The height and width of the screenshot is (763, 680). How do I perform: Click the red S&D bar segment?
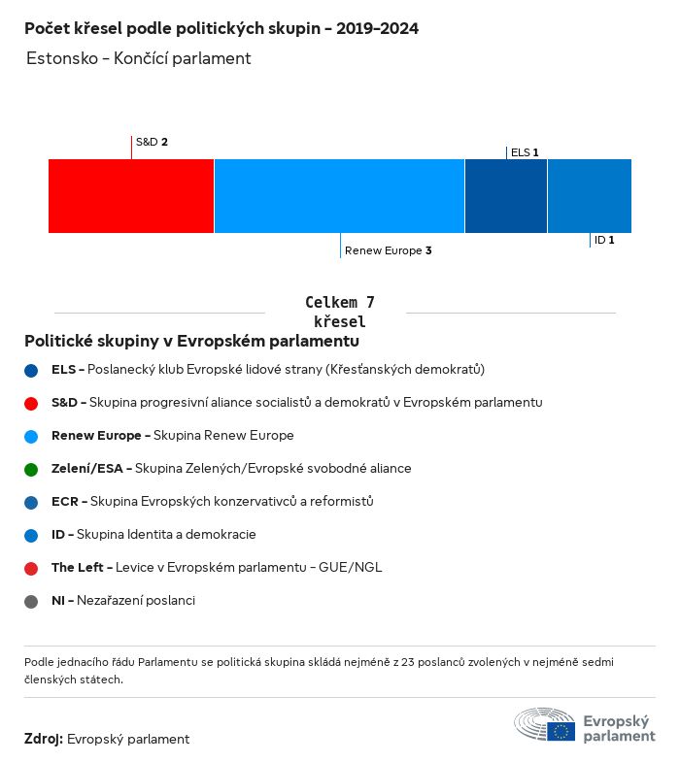(131, 196)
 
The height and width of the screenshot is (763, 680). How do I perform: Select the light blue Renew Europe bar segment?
(339, 196)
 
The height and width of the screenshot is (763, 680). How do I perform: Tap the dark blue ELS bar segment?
(505, 196)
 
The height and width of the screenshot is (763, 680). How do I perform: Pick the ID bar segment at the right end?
(589, 196)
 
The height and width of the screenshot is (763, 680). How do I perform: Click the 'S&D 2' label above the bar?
(152, 142)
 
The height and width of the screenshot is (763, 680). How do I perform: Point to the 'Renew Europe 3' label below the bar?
(388, 250)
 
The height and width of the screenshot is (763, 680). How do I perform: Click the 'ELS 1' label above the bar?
(525, 152)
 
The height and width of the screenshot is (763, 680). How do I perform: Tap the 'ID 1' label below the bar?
(604, 240)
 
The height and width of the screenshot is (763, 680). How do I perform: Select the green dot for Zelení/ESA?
(32, 469)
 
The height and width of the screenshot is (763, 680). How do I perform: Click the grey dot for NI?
(32, 601)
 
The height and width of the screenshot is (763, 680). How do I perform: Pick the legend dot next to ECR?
(32, 502)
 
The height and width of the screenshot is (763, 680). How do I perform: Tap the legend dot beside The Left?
(32, 568)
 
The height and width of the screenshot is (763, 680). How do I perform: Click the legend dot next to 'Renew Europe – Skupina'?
(32, 436)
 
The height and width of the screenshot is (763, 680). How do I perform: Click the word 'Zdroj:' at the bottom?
(44, 739)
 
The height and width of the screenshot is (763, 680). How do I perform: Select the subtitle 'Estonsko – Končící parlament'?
(139, 58)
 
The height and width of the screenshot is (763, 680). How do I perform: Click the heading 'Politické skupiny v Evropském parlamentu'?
(191, 342)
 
